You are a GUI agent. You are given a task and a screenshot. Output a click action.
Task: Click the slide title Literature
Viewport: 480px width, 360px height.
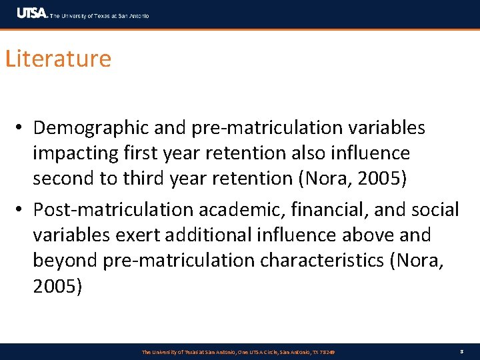[x=58, y=59]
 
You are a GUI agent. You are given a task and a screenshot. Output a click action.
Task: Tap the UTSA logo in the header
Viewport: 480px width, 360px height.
[x=32, y=13]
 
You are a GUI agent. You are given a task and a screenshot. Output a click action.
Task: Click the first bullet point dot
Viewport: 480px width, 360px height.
[x=22, y=127]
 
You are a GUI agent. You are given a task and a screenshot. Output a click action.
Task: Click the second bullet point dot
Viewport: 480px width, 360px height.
[x=22, y=210]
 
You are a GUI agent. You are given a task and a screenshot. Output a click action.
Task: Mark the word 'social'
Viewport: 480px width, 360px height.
[x=435, y=210]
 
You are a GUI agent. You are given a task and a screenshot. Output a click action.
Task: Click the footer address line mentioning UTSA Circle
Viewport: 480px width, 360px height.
[x=238, y=352]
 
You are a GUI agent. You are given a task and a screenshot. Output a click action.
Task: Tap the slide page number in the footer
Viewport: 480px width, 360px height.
[x=461, y=351]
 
